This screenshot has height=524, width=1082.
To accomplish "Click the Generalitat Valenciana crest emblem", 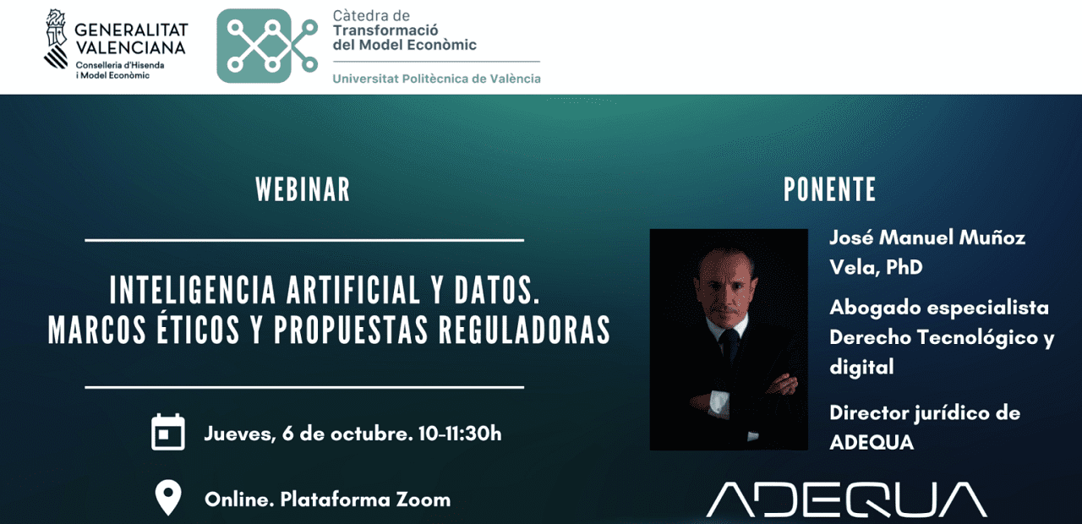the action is [56, 39].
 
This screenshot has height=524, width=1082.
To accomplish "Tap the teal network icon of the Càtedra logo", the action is [267, 46].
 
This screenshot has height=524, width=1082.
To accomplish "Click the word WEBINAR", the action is [303, 188].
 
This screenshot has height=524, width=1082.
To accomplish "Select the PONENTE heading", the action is [829, 188].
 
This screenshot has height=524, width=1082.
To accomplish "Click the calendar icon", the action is [168, 432].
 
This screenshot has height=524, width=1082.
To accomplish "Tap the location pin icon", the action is [168, 499].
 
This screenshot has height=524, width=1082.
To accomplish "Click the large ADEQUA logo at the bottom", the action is [846, 499].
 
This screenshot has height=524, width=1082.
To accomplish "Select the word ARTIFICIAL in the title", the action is [353, 290].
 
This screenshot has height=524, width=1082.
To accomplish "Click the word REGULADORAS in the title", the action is [525, 330].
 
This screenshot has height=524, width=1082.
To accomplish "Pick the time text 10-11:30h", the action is [460, 434].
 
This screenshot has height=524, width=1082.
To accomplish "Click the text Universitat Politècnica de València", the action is [437, 79].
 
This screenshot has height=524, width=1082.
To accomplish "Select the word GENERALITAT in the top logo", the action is [131, 30].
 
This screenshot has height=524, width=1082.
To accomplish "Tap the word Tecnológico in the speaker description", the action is [976, 337].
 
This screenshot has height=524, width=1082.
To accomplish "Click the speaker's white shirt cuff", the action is [719, 401].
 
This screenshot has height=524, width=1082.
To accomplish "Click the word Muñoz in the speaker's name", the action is [992, 237].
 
